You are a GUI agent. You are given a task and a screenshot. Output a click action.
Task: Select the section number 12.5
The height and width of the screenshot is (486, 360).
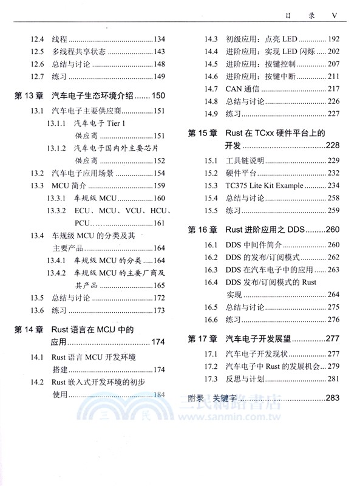[37, 52]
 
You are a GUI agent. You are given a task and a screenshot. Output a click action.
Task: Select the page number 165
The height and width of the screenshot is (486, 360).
[159, 285]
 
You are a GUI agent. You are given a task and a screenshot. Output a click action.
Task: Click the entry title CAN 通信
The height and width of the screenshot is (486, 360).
[242, 89]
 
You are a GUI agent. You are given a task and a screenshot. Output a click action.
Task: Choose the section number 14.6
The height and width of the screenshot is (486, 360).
[211, 77]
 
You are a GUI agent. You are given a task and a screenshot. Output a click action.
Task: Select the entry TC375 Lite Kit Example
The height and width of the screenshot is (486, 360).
[265, 185]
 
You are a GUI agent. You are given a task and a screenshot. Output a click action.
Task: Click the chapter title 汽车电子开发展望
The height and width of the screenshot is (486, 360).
[258, 338]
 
